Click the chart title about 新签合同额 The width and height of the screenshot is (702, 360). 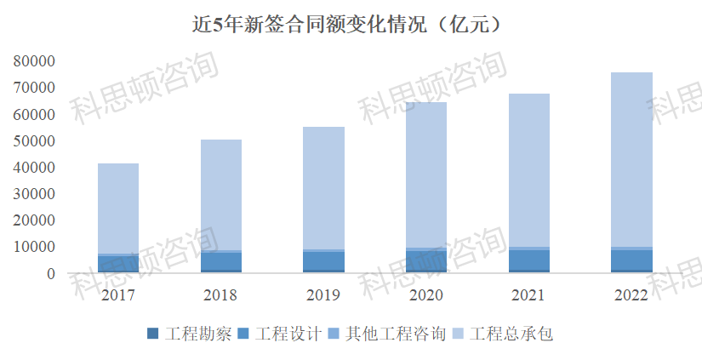click(x=351, y=24)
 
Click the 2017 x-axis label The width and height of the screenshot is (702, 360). click(x=118, y=295)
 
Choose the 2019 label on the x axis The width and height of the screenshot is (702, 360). click(x=323, y=295)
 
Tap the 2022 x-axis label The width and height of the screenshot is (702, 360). click(x=631, y=295)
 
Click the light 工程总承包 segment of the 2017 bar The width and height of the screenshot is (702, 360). click(x=118, y=209)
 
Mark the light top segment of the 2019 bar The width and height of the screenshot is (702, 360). click(x=323, y=188)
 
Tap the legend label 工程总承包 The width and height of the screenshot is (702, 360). click(x=511, y=334)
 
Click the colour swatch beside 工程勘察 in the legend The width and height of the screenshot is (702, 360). click(x=153, y=334)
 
